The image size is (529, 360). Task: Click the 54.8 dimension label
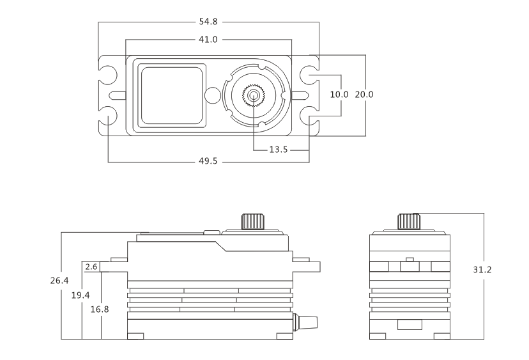click(x=208, y=22)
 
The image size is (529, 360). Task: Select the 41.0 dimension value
click(x=208, y=40)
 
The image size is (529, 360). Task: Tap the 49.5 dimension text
click(x=208, y=161)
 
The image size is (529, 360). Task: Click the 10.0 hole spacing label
click(x=339, y=95)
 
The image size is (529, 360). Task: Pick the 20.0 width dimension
click(x=364, y=95)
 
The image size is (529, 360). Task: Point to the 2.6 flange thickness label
click(x=91, y=267)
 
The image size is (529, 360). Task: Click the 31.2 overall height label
click(x=482, y=270)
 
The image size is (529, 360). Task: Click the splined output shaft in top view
click(x=254, y=96)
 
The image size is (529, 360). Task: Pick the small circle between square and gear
click(x=213, y=96)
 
